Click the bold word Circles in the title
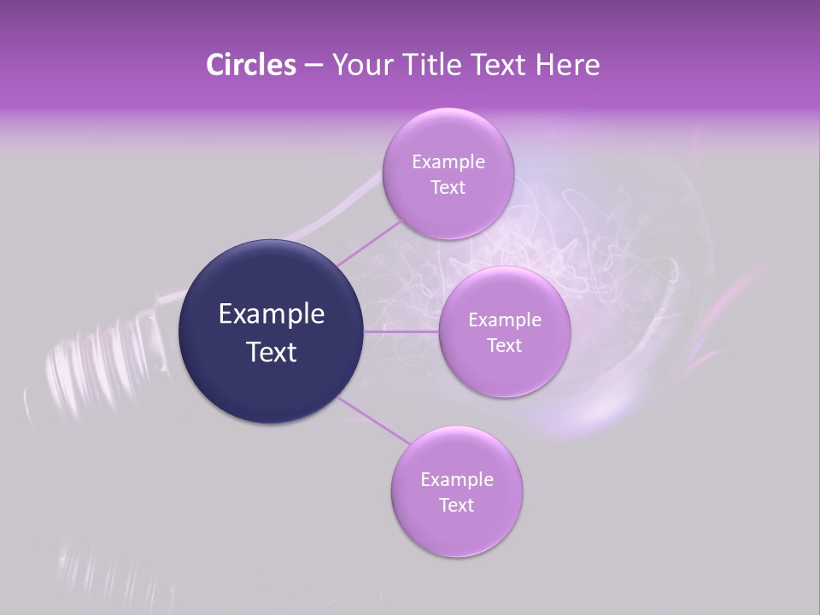click(250, 65)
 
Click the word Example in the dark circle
click(272, 314)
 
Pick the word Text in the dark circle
click(272, 352)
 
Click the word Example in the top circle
click(448, 161)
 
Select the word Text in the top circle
click(448, 187)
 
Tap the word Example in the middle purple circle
click(504, 319)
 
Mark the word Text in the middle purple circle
click(504, 345)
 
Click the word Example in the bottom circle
click(457, 479)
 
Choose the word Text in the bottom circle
click(456, 505)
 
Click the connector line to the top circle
click(369, 243)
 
